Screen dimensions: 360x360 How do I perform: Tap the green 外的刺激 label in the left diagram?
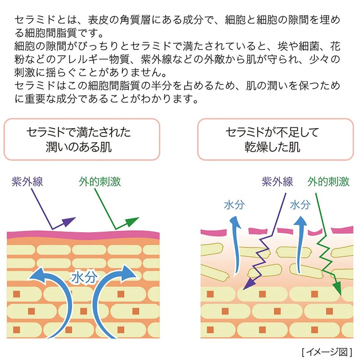(x=99, y=182)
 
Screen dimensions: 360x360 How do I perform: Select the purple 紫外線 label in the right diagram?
(x=277, y=182)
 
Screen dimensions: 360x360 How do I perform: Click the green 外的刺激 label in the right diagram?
(x=329, y=182)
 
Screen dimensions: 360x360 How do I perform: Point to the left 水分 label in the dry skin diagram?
(x=234, y=205)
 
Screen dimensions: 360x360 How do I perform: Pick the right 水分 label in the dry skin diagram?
(x=300, y=205)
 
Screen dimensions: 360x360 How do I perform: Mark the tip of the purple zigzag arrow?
(x=245, y=286)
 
